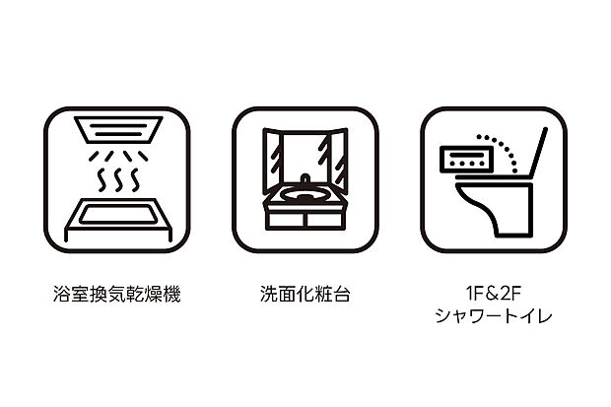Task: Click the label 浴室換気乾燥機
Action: pos(116,295)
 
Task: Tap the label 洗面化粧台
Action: pos(305,295)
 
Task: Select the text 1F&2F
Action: pos(493,293)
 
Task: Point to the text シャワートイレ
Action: pos(493,316)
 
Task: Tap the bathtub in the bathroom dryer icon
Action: pos(116,215)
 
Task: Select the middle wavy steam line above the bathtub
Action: pos(116,180)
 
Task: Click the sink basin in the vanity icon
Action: pos(305,194)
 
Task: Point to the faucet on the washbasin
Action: pos(305,180)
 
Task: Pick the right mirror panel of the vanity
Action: pos(337,160)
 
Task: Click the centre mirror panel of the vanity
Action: pos(305,153)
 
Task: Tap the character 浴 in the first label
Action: pos(61,295)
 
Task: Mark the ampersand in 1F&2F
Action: pos(493,293)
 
